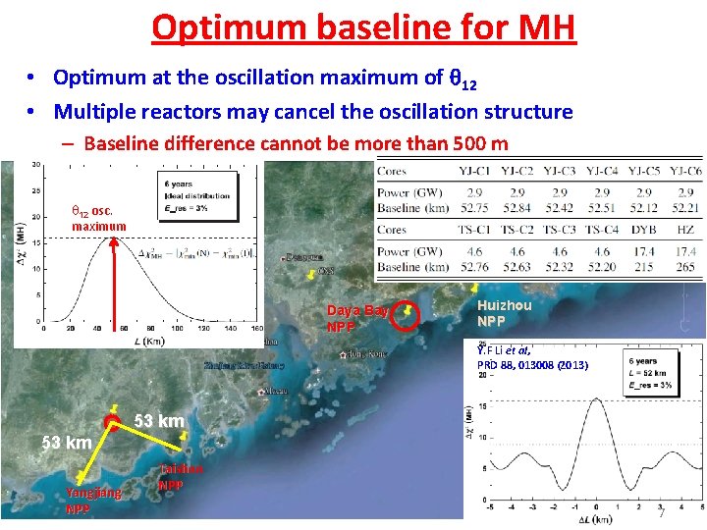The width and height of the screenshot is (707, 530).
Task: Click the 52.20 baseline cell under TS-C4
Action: pos(598,267)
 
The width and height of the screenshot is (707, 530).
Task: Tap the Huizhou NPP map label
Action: pos(504,313)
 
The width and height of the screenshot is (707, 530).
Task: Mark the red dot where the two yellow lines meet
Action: pos(114,423)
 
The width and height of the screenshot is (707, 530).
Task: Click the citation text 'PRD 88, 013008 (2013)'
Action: pos(532,365)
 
